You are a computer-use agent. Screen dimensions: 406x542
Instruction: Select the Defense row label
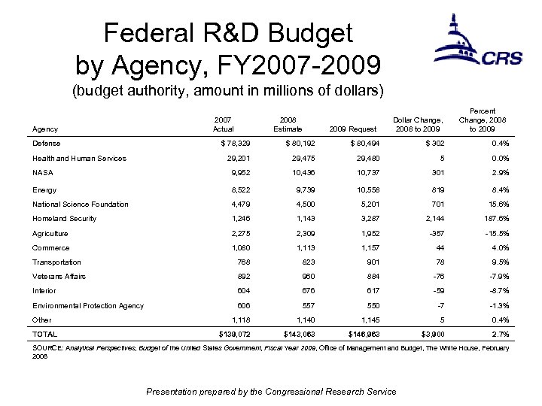pyautogui.click(x=47, y=143)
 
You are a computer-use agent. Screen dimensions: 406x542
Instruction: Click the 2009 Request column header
pyautogui.click(x=350, y=129)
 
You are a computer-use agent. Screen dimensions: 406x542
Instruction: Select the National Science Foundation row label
pyautogui.click(x=81, y=205)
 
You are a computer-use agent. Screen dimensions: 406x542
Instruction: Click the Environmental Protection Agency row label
pyautogui.click(x=88, y=305)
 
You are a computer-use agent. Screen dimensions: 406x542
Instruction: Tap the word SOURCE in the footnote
pyautogui.click(x=49, y=348)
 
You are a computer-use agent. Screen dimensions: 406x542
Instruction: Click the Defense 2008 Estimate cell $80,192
pyautogui.click(x=285, y=143)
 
